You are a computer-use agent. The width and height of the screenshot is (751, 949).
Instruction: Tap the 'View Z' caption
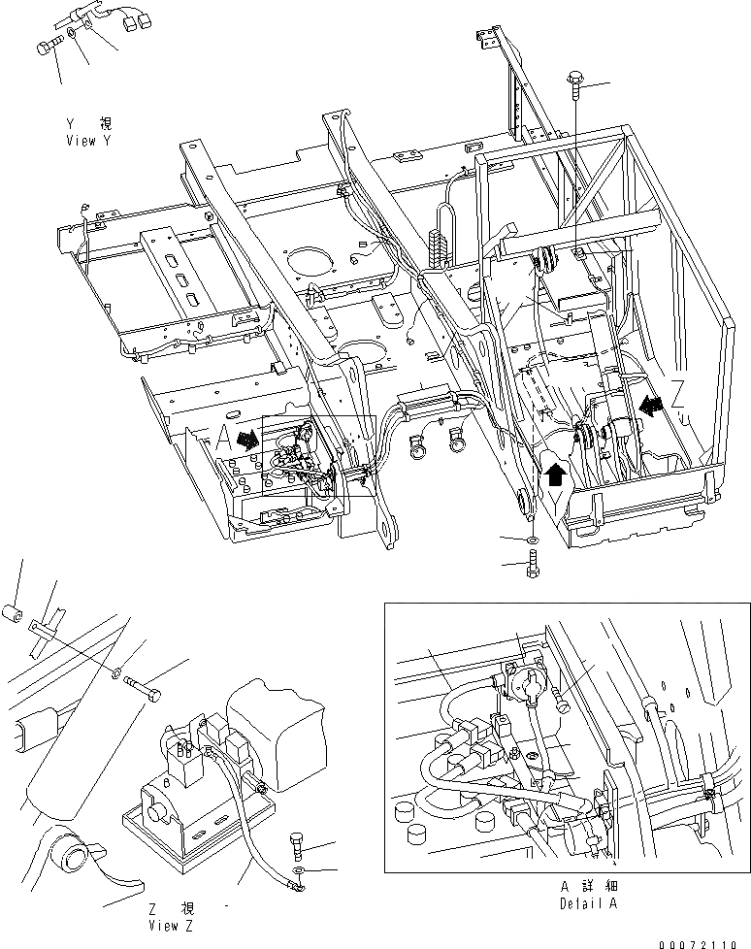pos(173,925)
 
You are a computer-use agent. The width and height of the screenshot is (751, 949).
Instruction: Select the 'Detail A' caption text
pos(588,903)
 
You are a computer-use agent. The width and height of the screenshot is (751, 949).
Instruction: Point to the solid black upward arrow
pos(554,473)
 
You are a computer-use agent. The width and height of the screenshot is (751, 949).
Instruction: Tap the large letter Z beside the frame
pos(678,392)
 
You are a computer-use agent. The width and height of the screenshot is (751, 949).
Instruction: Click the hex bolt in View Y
pos(48,44)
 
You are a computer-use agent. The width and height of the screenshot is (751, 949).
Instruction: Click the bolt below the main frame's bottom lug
pos(532,563)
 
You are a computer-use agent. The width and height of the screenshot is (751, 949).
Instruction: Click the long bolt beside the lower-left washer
pos(146,690)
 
